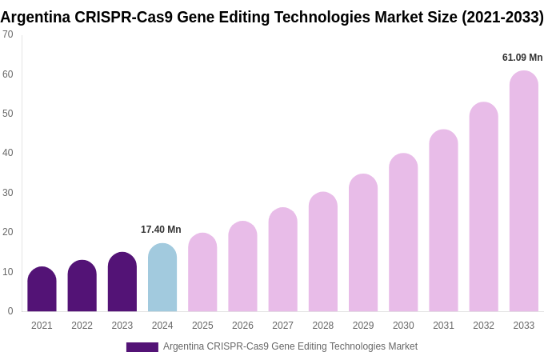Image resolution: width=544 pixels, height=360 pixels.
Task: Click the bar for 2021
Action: click(42, 290)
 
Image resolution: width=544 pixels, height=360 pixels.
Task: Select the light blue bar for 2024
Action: click(162, 278)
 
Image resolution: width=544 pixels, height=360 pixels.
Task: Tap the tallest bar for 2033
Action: click(524, 191)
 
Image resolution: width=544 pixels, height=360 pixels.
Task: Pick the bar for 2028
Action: click(323, 252)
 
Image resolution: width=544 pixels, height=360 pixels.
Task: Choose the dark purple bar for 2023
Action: click(122, 282)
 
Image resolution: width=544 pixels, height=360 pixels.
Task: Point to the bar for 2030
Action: click(403, 233)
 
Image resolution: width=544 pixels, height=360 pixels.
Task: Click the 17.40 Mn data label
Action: click(161, 230)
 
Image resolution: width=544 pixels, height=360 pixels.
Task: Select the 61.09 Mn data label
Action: click(522, 58)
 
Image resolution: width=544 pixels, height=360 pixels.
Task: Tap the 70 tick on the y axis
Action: click(8, 34)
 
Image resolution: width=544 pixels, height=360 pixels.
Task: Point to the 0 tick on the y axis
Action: click(10, 311)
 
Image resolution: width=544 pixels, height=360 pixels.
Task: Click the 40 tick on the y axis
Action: click(8, 153)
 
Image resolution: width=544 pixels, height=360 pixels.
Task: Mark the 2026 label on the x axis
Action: click(242, 326)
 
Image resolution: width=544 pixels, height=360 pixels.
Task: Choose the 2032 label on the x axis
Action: click(483, 326)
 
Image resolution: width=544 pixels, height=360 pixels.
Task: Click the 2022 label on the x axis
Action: click(82, 326)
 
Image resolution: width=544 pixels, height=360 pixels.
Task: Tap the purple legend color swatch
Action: click(142, 347)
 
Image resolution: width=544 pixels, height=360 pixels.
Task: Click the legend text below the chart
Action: click(290, 346)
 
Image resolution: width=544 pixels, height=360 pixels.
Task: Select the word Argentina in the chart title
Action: click(35, 17)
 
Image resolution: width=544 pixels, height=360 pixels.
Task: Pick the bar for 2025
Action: click(202, 273)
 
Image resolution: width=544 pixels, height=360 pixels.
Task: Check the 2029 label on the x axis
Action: click(363, 326)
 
